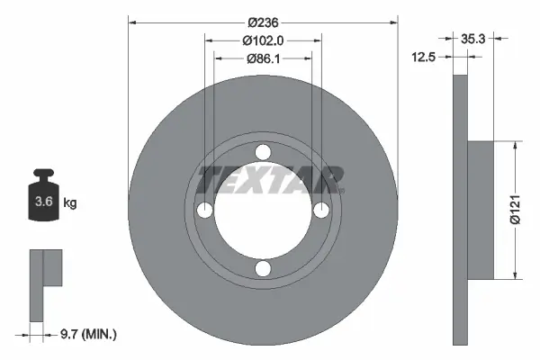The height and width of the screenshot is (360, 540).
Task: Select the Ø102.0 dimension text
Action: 263,40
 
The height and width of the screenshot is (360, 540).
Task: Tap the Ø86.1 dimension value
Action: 263,58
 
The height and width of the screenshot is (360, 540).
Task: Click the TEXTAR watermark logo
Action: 270,180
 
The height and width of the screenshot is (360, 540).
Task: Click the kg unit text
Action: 70,203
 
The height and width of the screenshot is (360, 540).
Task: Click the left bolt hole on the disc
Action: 204,210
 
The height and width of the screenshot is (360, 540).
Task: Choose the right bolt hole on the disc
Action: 320,210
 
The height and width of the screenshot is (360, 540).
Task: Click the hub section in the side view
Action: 481,210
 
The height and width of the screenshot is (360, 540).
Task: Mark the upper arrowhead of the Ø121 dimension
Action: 514,145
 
